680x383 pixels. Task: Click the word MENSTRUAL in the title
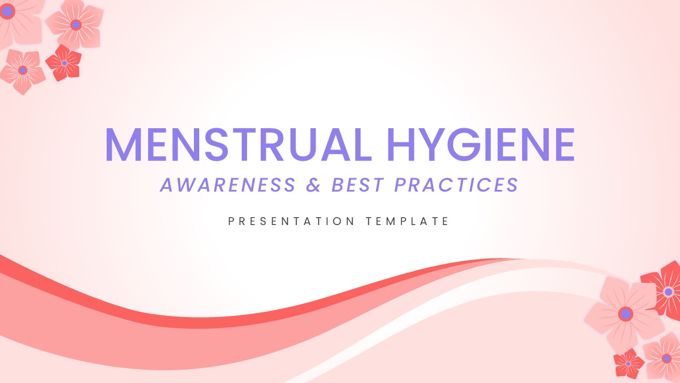tap(239, 144)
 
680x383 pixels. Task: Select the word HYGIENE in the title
tap(481, 144)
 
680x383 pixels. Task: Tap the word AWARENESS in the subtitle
tap(228, 185)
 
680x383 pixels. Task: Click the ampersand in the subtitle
tap(313, 185)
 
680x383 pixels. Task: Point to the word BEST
tap(358, 185)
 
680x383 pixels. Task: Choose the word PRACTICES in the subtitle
tap(456, 185)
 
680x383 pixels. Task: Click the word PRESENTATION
tap(291, 221)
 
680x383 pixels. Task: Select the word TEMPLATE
tap(407, 221)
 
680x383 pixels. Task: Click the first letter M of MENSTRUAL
tap(123, 144)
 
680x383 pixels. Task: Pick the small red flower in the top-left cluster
tap(64, 63)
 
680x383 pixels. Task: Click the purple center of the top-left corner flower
tap(7, 12)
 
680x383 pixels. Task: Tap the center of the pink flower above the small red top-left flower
tap(75, 24)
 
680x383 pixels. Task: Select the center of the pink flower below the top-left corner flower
tap(23, 70)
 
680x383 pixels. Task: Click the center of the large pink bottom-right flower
tap(625, 314)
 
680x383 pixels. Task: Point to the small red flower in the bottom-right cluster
tap(628, 363)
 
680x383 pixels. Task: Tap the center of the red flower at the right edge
tap(668, 292)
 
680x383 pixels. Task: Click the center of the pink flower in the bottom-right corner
tap(667, 359)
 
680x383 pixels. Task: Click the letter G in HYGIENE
tap(464, 144)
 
